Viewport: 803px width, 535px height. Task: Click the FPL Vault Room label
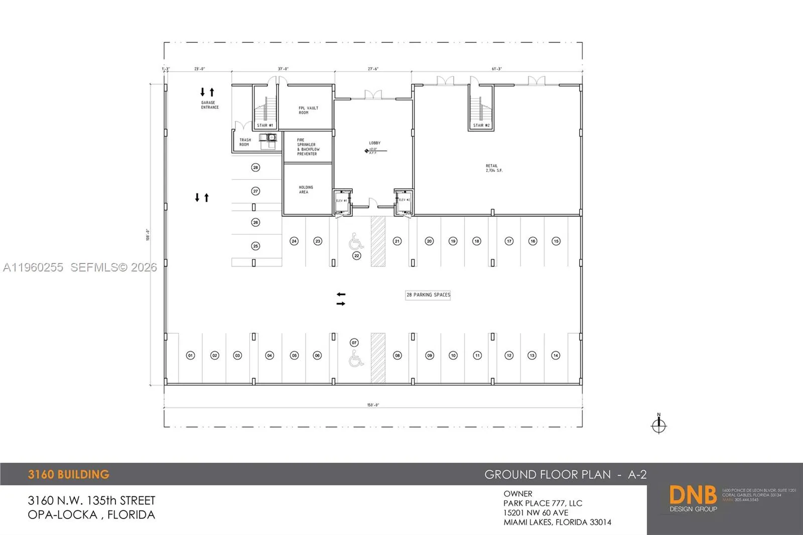[x=308, y=110]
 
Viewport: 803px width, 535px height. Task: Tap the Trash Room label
[x=245, y=143]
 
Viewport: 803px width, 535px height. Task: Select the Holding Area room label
[x=306, y=190]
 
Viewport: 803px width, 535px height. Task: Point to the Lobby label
[x=375, y=143]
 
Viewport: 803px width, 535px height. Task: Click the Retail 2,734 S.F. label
[x=493, y=168]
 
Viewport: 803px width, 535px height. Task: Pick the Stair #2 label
[x=481, y=125]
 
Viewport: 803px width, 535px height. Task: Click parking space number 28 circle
[x=255, y=168]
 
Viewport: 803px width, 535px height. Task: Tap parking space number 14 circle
[x=556, y=355]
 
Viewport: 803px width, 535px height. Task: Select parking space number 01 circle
[x=190, y=355]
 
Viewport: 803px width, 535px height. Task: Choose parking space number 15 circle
[x=556, y=241]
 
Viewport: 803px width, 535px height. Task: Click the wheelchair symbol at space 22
[x=356, y=241]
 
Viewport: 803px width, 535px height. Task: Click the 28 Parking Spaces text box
[x=428, y=295]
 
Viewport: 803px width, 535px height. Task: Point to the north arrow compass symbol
[x=658, y=425]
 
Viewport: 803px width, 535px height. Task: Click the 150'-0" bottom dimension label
[x=373, y=405]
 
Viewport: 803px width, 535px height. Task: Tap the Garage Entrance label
[x=210, y=105]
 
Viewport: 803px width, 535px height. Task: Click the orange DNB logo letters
[x=693, y=495]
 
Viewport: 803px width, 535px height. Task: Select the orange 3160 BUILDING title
[x=68, y=474]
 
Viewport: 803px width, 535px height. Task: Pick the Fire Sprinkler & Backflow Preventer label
[x=308, y=147]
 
